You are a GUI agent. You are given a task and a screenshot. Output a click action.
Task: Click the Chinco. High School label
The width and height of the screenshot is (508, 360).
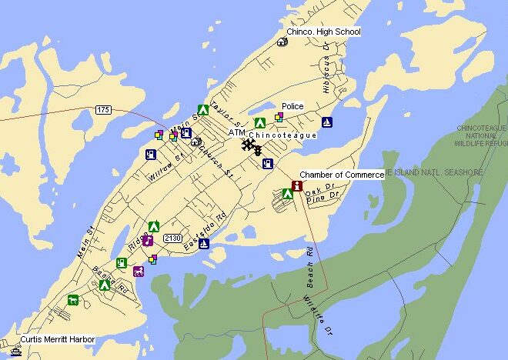tap(323, 32)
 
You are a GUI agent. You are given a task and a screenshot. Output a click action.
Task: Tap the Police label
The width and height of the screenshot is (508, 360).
tap(292, 106)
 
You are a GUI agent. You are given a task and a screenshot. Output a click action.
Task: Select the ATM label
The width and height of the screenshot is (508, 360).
tap(236, 133)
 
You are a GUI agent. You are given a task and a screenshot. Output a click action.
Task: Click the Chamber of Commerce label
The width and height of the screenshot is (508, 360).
tap(341, 175)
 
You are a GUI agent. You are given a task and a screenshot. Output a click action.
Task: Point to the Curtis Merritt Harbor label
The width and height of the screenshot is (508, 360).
tap(52, 339)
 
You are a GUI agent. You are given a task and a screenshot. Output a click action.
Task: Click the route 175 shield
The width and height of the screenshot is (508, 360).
tap(104, 111)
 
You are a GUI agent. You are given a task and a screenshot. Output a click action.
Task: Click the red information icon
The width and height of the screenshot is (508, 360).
tap(297, 185)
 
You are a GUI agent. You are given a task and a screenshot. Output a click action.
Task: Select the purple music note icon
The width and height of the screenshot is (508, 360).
tap(148, 240)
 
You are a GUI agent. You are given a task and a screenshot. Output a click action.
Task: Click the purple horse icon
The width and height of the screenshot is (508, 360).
tap(139, 271)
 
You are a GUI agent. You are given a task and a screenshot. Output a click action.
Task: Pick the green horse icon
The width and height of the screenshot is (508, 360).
tap(73, 299)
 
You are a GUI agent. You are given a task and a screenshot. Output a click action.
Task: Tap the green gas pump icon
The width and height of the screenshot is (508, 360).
tap(122, 262)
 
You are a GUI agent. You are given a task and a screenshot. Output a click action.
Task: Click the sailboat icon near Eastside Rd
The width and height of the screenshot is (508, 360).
tap(204, 244)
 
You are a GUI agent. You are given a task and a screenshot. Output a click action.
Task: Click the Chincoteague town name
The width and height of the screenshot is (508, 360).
tap(282, 135)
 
